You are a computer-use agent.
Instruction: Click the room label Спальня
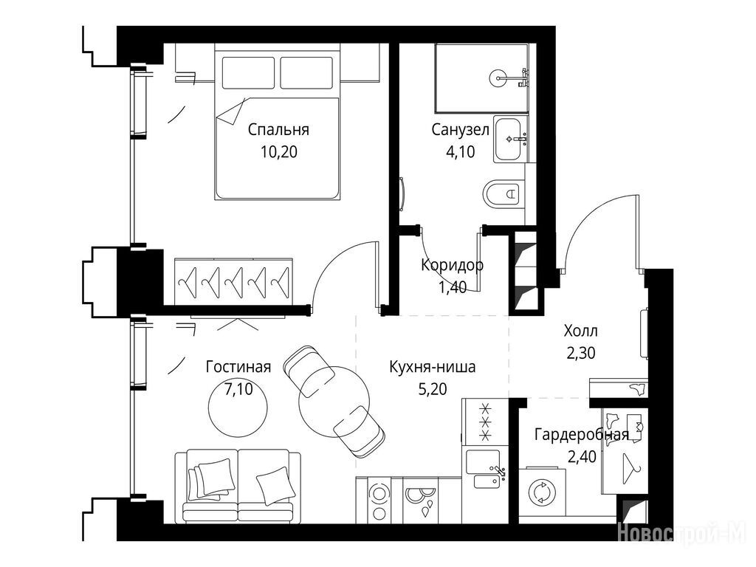[278, 130]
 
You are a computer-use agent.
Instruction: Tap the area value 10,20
[278, 152]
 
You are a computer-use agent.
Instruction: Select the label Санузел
[461, 130]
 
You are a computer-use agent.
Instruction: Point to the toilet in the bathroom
[502, 194]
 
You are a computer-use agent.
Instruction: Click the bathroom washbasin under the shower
[511, 139]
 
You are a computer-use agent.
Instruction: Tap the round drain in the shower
[498, 78]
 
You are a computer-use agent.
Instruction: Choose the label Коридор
[452, 265]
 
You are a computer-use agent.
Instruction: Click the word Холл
[580, 331]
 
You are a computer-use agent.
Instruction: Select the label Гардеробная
[582, 435]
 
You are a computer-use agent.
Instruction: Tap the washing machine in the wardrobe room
[543, 494]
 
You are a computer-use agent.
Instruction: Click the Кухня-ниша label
[433, 367]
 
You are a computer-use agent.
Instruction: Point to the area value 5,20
[433, 388]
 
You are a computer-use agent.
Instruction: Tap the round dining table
[334, 402]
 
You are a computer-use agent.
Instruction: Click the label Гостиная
[238, 367]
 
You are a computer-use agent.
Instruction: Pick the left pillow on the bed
[248, 73]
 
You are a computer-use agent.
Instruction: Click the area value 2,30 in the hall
[580, 354]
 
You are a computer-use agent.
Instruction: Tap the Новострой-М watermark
[681, 535]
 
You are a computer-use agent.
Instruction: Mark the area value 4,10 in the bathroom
[461, 152]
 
